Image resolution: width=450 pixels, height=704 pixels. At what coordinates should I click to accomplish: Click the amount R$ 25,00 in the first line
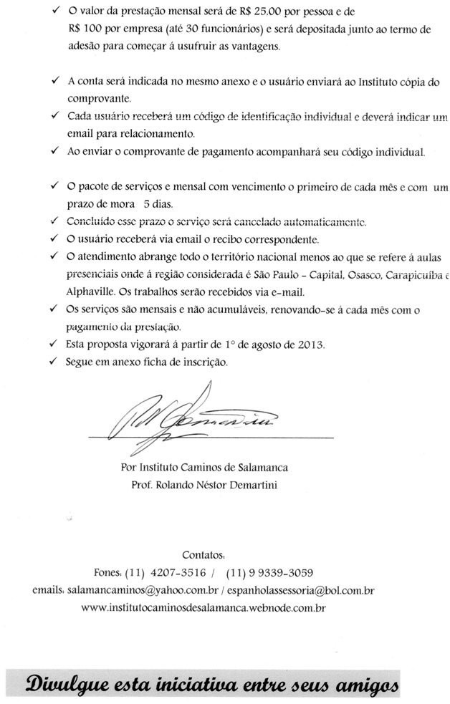(262, 13)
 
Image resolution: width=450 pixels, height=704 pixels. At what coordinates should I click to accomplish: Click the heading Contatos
(204, 555)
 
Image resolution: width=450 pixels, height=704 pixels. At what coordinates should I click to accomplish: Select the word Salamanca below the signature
(255, 468)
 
